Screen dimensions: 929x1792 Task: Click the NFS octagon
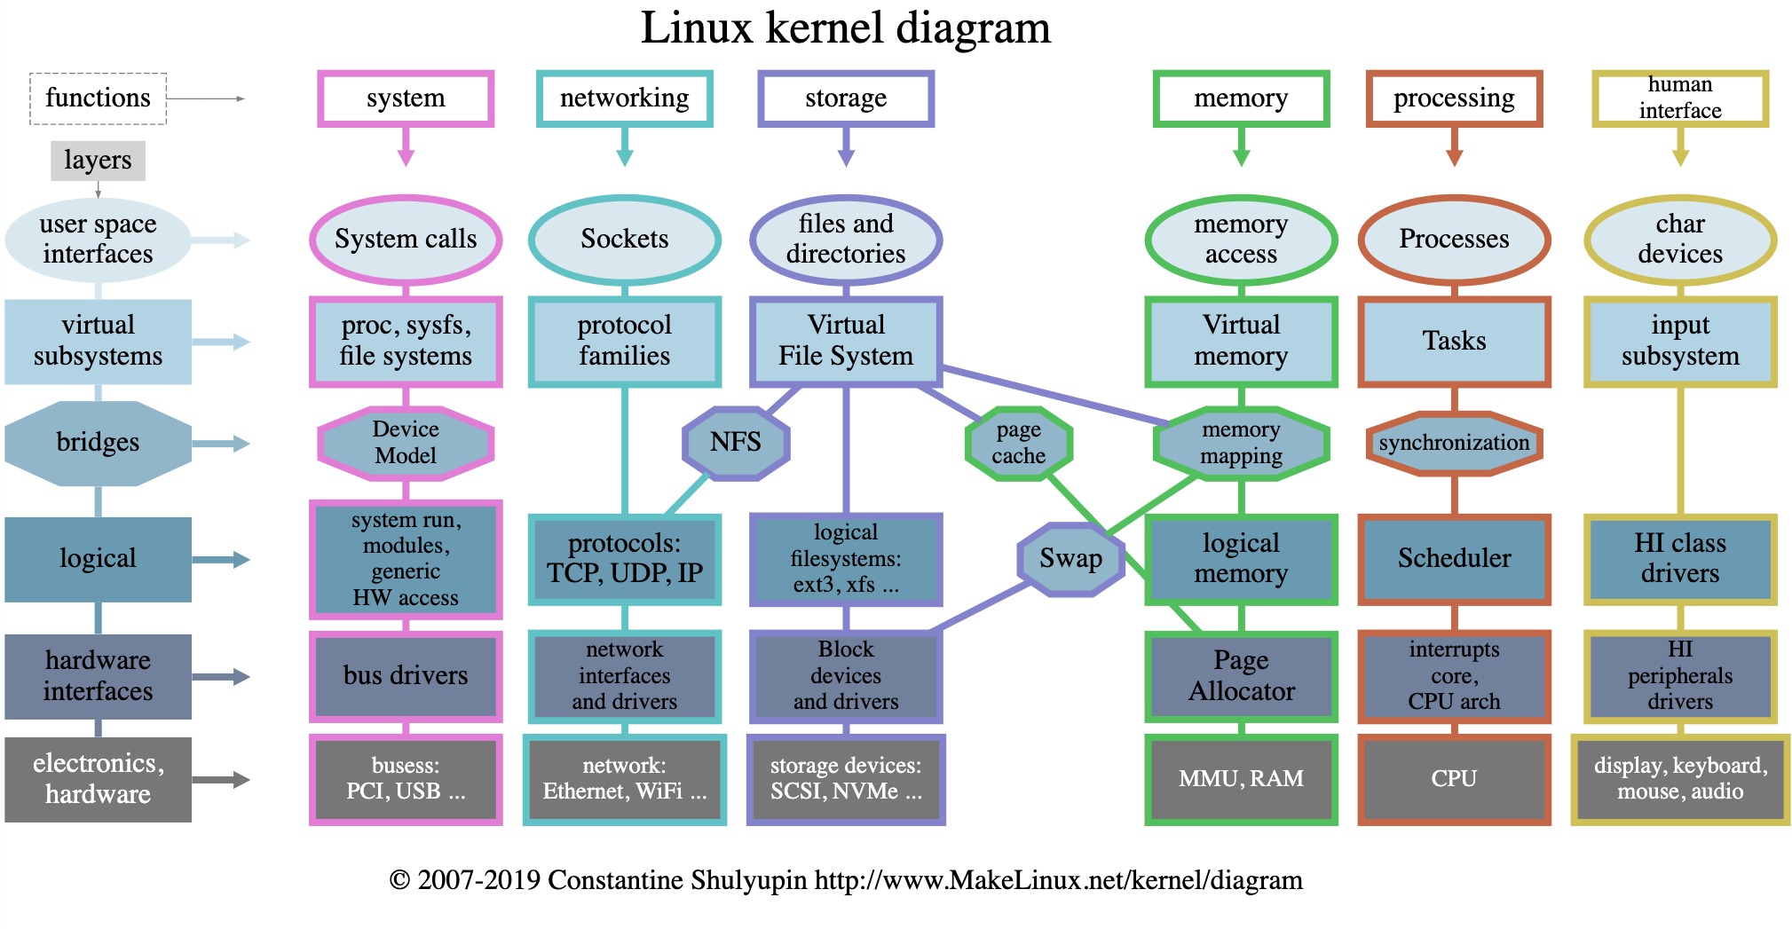click(735, 442)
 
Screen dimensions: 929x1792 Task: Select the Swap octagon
click(1070, 558)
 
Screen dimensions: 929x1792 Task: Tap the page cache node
click(1018, 442)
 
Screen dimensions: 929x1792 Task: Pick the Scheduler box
click(1454, 558)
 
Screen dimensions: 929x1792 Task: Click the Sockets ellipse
click(624, 239)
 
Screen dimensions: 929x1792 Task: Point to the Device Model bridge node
click(406, 442)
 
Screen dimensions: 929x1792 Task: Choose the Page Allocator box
click(1241, 676)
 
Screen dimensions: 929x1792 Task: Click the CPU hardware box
click(1454, 778)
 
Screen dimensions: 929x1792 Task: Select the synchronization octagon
click(1454, 443)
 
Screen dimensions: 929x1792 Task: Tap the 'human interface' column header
click(1679, 98)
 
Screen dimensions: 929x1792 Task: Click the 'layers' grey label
click(98, 161)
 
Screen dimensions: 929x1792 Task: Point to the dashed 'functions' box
click(98, 98)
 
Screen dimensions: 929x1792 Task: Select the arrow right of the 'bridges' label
click(221, 443)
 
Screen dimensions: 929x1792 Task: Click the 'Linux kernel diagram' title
click(845, 28)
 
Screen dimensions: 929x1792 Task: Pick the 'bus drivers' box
click(406, 676)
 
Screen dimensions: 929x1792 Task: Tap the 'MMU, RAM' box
click(1241, 778)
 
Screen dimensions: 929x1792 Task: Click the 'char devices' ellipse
click(1679, 239)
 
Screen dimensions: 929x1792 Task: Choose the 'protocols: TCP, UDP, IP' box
click(624, 558)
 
